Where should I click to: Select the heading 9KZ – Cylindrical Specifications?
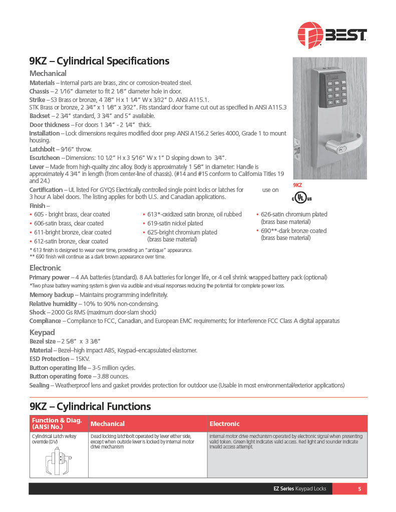99,61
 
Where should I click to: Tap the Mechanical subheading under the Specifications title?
48,73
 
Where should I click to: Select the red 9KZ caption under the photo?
297,185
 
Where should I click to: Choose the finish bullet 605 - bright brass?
72,214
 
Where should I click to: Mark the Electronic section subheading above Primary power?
45,268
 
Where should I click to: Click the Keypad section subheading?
42,332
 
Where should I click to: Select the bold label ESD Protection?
50,359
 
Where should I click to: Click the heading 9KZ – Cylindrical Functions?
90,406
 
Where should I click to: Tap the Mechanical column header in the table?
108,424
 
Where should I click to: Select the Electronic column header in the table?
224,424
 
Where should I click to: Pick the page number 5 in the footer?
359,488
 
